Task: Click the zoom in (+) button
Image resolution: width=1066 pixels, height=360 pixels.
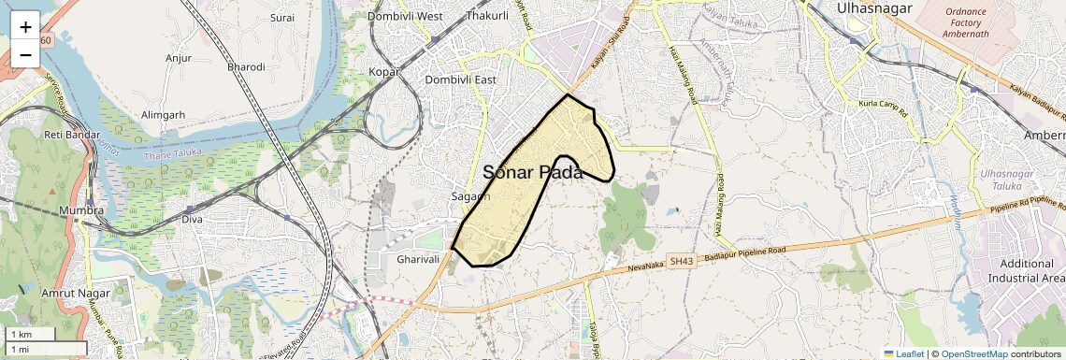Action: pos(25,26)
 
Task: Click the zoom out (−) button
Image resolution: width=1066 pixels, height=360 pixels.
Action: pos(25,54)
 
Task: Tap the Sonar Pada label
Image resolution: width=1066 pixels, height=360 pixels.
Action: pos(533,172)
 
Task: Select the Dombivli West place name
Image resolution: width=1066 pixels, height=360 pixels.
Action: pos(405,17)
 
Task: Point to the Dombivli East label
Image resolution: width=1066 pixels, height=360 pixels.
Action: pos(460,80)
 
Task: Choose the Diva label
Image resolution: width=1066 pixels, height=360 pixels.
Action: pos(193,220)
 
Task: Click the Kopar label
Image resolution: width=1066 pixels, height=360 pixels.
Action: pos(384,72)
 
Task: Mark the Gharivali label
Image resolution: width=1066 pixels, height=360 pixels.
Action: pos(418,259)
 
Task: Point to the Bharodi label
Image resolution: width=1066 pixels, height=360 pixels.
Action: pos(246,67)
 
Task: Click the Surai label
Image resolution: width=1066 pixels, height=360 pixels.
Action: pos(281,18)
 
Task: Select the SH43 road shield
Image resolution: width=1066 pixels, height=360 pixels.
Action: pos(681,263)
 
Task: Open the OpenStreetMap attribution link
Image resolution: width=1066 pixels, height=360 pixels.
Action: pos(973,353)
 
